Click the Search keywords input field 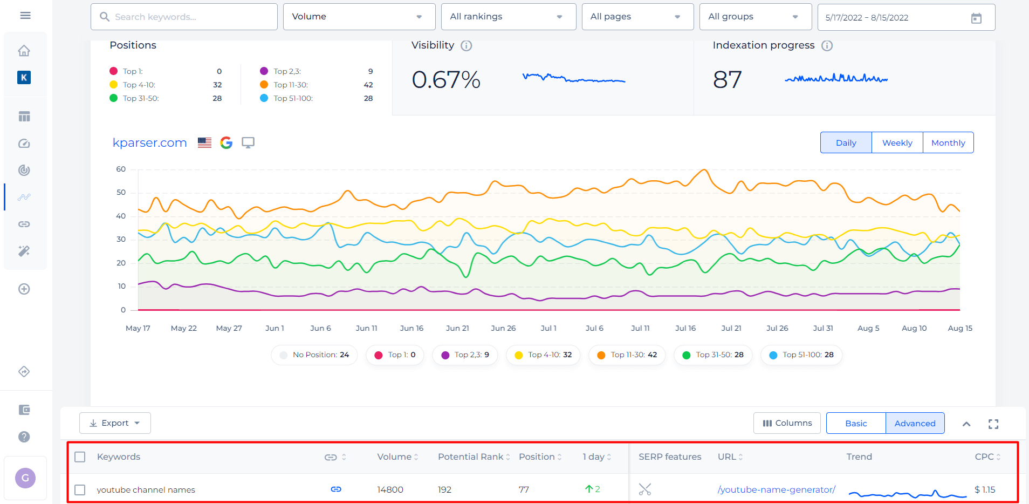[184, 17]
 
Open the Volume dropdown [359, 17]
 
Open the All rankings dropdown [509, 17]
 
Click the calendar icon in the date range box [976, 18]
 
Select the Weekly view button [897, 143]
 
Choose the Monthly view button [948, 143]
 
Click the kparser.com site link [150, 143]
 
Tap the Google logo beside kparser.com [226, 142]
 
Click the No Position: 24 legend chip [314, 355]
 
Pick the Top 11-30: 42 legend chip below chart [627, 355]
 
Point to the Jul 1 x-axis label [548, 328]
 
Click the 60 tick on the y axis [121, 169]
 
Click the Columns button [787, 423]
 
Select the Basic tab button [856, 423]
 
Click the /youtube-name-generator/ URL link [777, 489]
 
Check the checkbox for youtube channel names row [80, 490]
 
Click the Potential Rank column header [470, 457]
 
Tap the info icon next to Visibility [467, 46]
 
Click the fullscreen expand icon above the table [993, 424]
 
